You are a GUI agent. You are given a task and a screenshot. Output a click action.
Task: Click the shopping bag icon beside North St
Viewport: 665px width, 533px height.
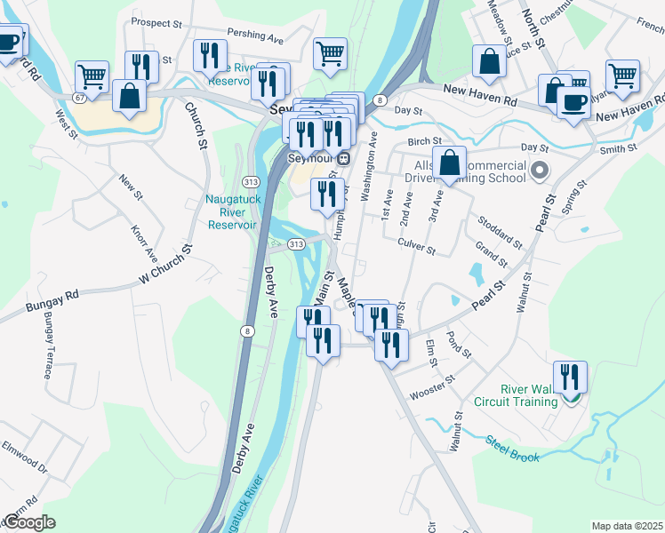[488, 62]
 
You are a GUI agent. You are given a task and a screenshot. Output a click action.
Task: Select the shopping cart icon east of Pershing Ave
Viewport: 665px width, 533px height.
[330, 53]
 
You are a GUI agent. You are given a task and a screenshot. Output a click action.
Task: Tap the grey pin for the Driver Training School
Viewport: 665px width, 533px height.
[538, 169]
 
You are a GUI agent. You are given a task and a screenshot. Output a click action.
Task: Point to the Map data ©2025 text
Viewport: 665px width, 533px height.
[626, 526]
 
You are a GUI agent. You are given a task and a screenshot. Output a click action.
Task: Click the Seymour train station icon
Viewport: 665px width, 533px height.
[342, 158]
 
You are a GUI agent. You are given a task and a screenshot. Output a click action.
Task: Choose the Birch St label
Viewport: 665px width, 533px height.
[425, 141]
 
